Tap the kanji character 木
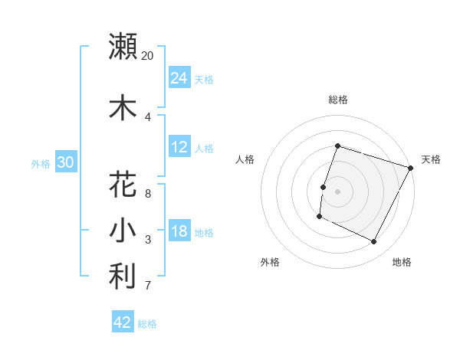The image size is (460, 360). pos(123,108)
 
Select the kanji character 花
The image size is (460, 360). pos(123,185)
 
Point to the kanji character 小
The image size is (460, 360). pos(123,231)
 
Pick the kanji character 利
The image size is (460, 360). pos(123,277)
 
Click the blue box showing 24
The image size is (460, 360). pos(179,78)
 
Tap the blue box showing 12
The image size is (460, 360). pos(179,147)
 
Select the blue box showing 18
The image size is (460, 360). pos(179,231)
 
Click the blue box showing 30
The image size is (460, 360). pos(65,162)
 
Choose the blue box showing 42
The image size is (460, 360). pos(123,322)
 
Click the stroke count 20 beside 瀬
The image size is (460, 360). pos(147,56)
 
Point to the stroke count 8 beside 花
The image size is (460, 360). pos(148,195)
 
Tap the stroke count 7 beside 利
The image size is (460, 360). pos(148,286)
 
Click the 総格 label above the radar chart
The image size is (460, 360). pos(337,100)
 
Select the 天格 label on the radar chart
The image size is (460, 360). pos(431,159)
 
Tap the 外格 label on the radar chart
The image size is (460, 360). pos(270,262)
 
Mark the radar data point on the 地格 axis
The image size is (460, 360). pos(374,242)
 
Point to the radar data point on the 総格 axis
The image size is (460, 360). pos(337,146)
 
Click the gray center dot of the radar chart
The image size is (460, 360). pos(337,191)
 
